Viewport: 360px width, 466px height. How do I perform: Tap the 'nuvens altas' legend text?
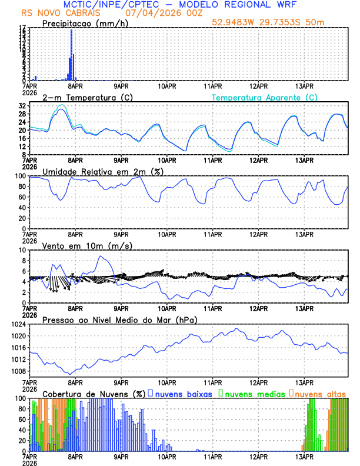[320, 393]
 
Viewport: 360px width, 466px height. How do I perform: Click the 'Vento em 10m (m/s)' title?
[79, 245]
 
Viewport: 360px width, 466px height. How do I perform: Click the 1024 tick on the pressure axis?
[20, 324]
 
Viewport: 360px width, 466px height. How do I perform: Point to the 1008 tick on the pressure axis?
[20, 371]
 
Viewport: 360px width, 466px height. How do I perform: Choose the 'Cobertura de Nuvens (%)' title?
[94, 393]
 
